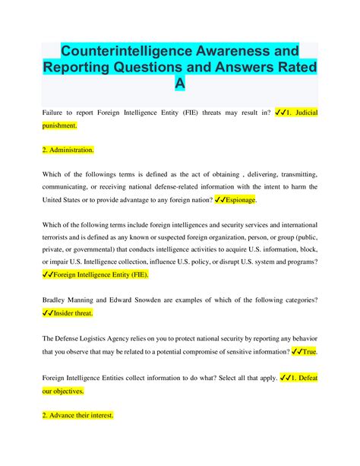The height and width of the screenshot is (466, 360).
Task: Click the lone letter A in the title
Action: click(179, 85)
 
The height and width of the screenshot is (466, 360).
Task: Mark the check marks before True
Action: click(294, 352)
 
